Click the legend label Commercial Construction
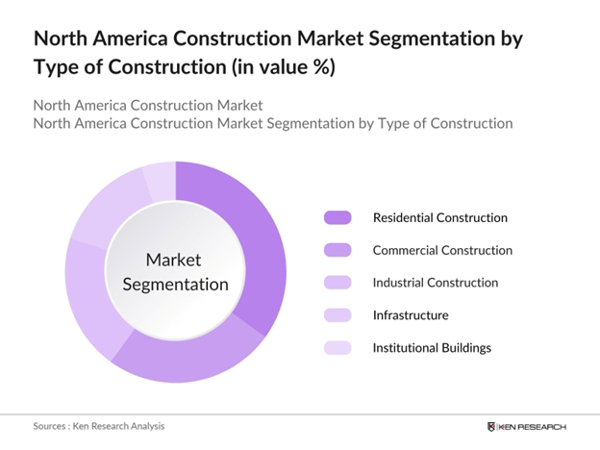442,250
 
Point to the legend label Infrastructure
411,314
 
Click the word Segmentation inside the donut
174,285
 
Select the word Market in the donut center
174,260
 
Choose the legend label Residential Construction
439,217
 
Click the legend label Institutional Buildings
432,347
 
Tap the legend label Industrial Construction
436,283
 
